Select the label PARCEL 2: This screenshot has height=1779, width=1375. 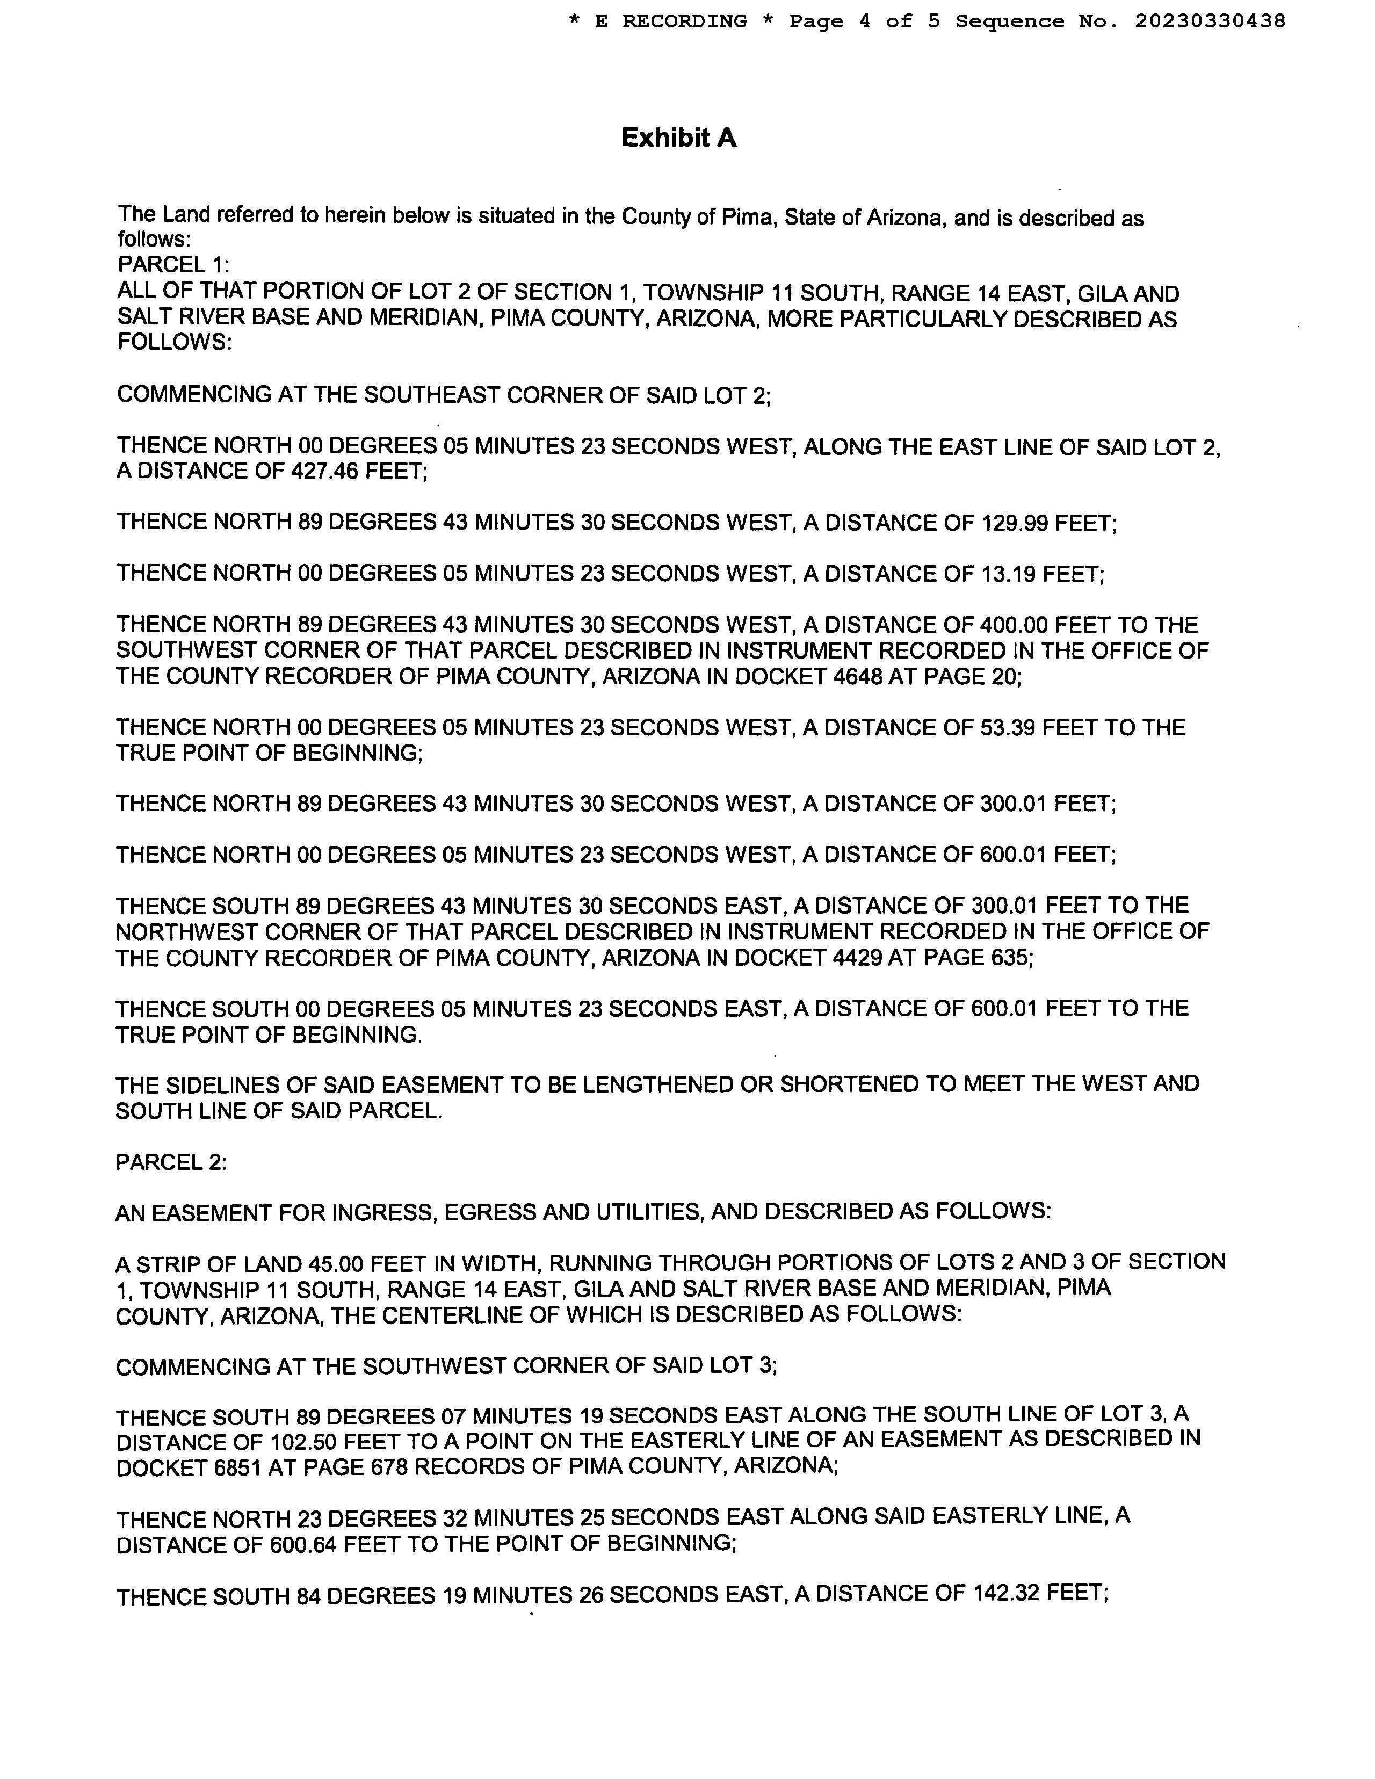point(171,1162)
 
